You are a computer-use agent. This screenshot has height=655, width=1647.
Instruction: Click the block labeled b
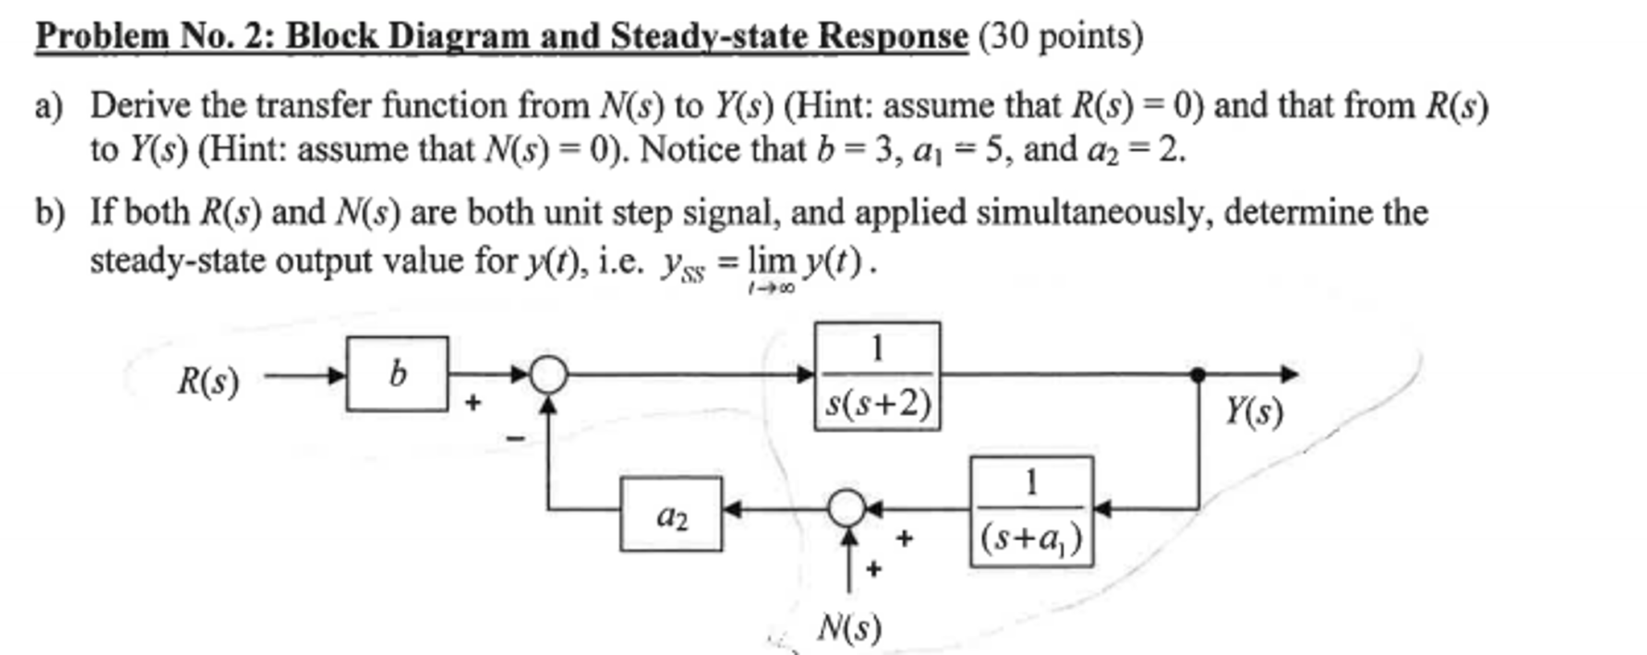pyautogui.click(x=397, y=374)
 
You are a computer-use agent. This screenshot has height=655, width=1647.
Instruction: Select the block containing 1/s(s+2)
pyautogui.click(x=877, y=376)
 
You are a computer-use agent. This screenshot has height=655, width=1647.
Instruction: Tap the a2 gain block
pyautogui.click(x=671, y=514)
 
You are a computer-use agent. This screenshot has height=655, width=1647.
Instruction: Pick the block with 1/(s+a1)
pyautogui.click(x=1031, y=512)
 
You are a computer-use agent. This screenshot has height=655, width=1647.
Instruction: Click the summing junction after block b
pyautogui.click(x=548, y=374)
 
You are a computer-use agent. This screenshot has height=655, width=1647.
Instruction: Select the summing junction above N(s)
pyautogui.click(x=847, y=509)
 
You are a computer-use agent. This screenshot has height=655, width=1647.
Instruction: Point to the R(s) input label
pyautogui.click(x=208, y=381)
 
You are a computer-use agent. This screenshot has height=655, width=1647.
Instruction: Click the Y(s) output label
pyautogui.click(x=1253, y=412)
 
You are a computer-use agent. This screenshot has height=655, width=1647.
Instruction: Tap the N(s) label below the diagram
pyautogui.click(x=849, y=628)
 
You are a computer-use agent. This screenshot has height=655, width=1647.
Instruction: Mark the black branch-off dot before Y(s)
pyautogui.click(x=1198, y=374)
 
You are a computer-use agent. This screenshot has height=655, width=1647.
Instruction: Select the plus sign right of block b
pyautogui.click(x=473, y=402)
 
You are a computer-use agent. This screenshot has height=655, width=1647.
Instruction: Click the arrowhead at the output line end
pyautogui.click(x=1290, y=374)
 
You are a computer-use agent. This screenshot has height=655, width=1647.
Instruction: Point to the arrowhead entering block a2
pyautogui.click(x=732, y=509)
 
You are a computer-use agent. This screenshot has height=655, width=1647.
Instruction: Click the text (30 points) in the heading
pyautogui.click(x=1060, y=36)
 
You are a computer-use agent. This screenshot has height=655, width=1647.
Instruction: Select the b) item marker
pyautogui.click(x=48, y=213)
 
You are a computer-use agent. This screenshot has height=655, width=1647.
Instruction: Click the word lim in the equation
pyautogui.click(x=770, y=261)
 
